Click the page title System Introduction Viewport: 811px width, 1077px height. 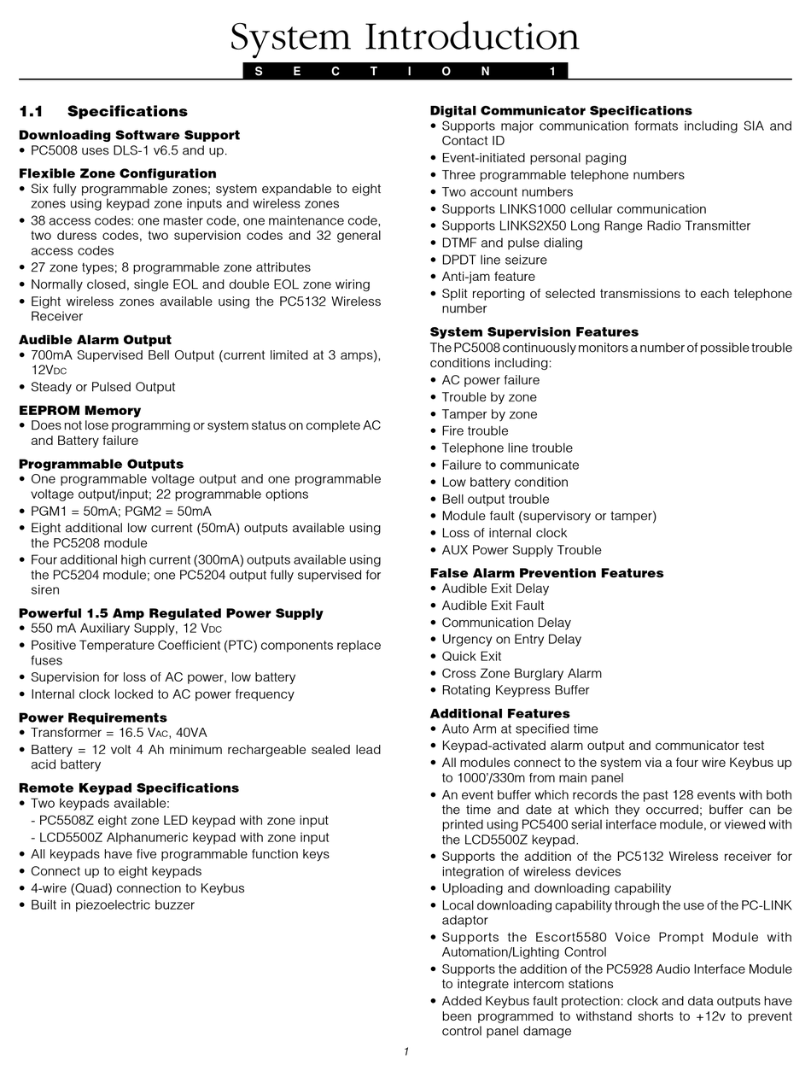[405, 38]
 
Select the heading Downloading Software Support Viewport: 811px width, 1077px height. [129, 135]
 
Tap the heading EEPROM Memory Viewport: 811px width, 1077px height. [79, 410]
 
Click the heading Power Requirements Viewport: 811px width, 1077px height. [92, 717]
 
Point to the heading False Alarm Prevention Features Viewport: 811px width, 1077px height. [546, 573]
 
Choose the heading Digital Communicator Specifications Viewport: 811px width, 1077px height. [561, 110]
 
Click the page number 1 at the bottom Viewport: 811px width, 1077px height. [406, 1051]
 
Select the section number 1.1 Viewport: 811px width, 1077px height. [31, 111]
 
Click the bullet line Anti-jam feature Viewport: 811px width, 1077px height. [488, 277]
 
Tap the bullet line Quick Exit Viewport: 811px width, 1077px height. [471, 656]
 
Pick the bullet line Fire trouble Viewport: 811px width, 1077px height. [475, 431]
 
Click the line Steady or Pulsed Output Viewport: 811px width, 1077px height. [102, 387]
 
